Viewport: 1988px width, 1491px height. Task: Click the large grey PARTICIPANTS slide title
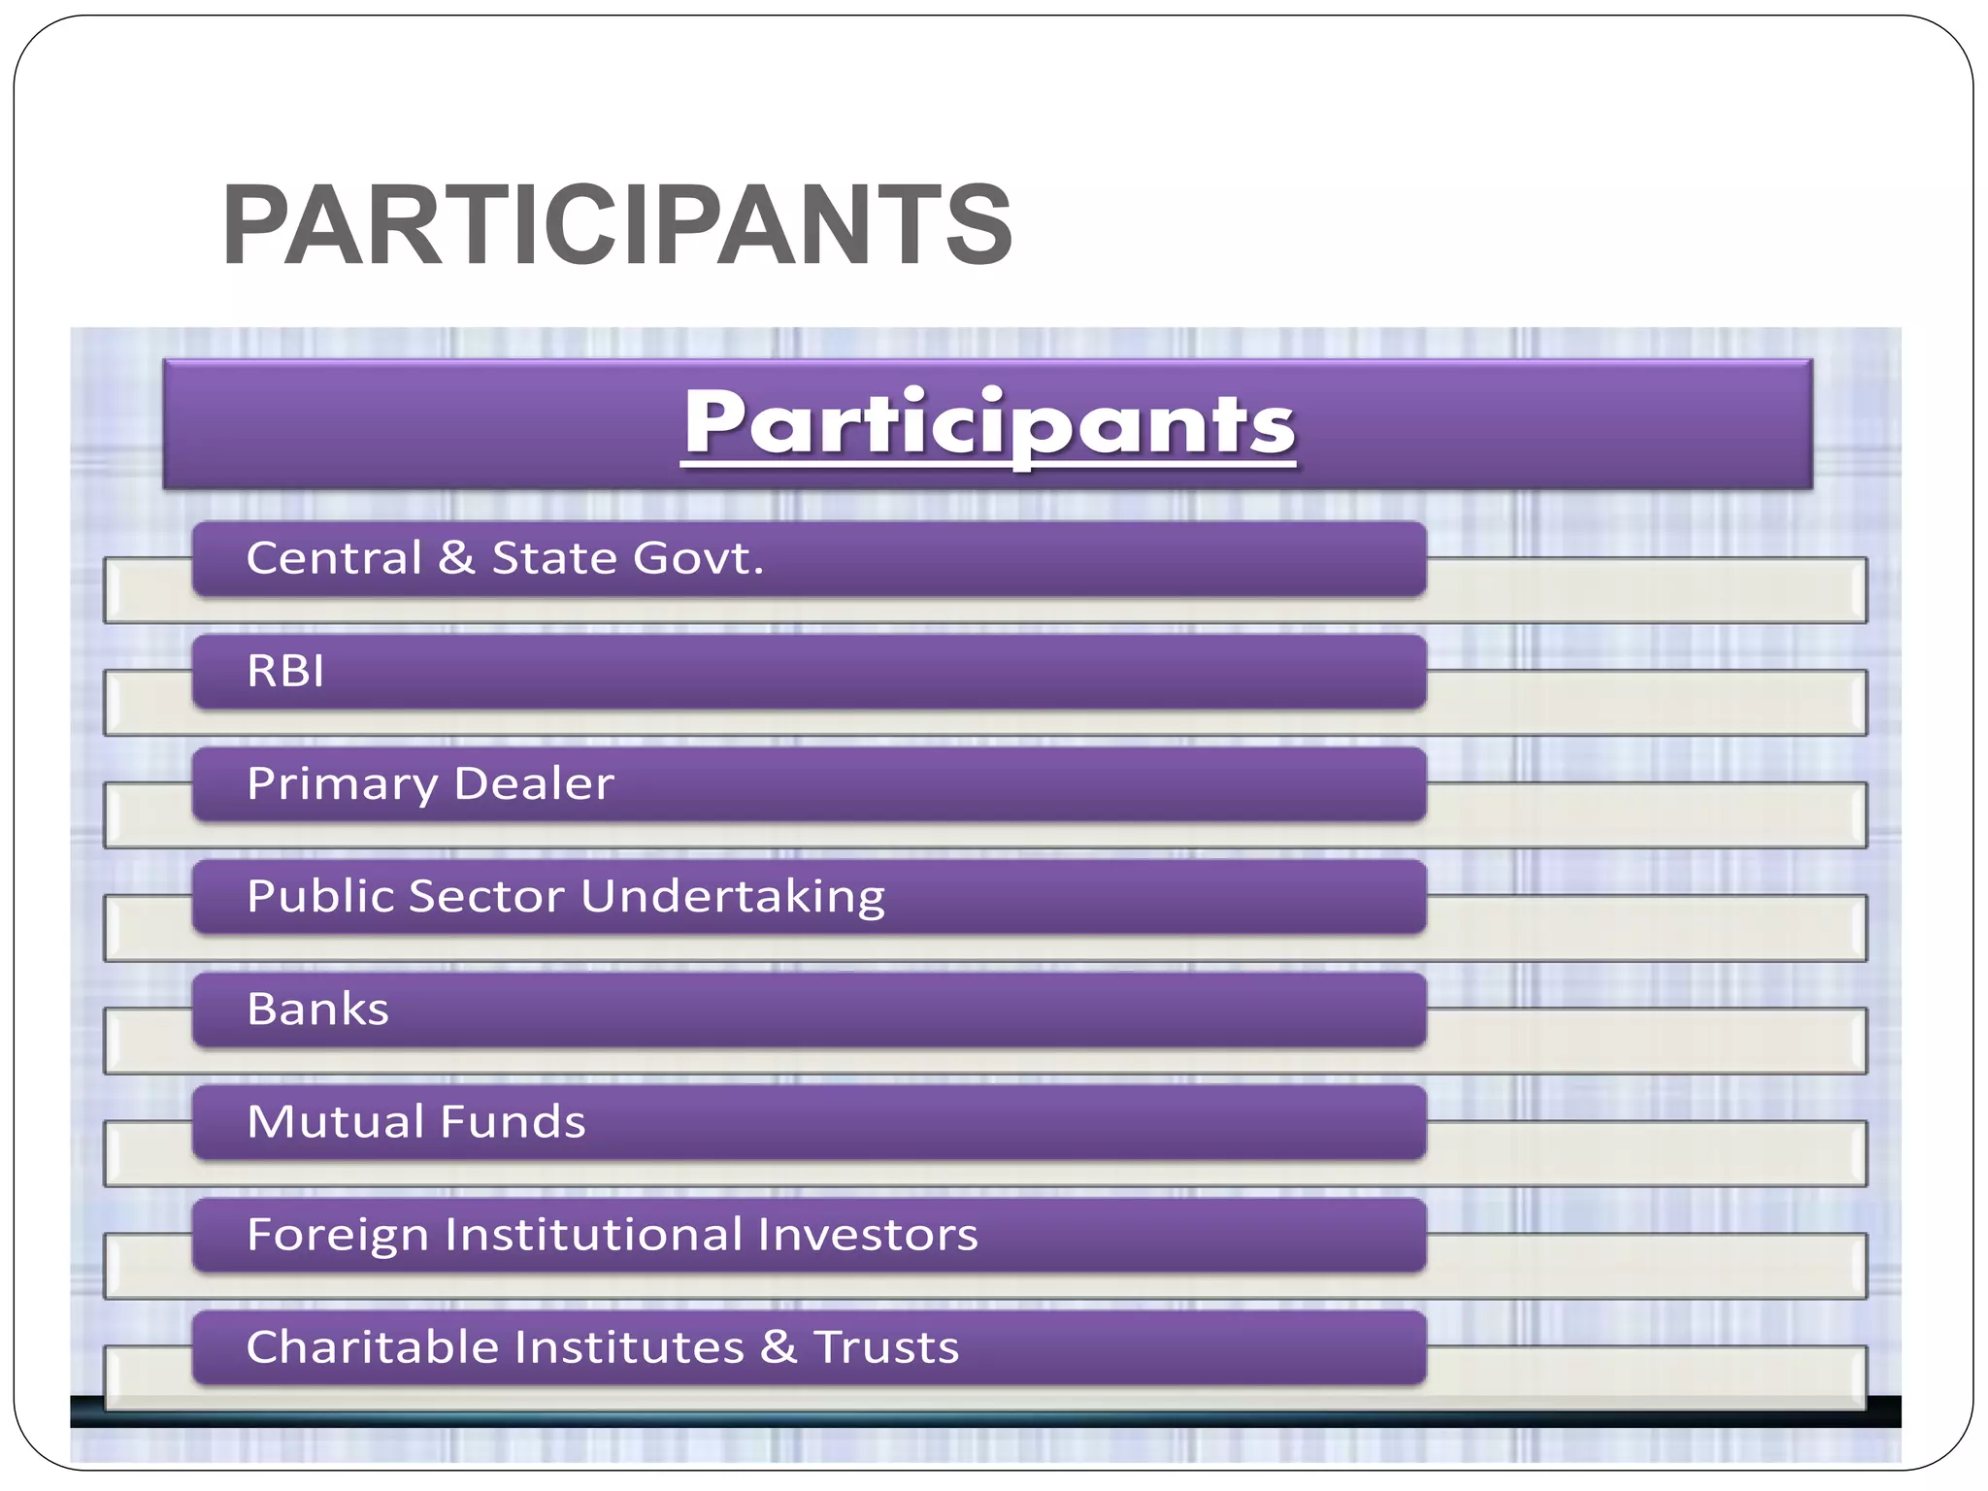[617, 225]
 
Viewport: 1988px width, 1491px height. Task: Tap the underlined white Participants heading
[988, 423]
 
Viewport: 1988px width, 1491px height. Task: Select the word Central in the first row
[334, 558]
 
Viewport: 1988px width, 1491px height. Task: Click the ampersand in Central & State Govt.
[456, 558]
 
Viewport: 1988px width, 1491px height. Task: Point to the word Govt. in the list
[698, 558]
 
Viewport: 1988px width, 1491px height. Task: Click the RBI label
[285, 671]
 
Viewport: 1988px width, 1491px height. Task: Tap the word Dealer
[534, 783]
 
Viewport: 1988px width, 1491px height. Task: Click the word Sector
[486, 896]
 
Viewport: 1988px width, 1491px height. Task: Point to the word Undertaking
[733, 897]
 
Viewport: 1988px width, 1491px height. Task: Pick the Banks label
[317, 1009]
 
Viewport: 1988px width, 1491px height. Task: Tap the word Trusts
[886, 1347]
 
